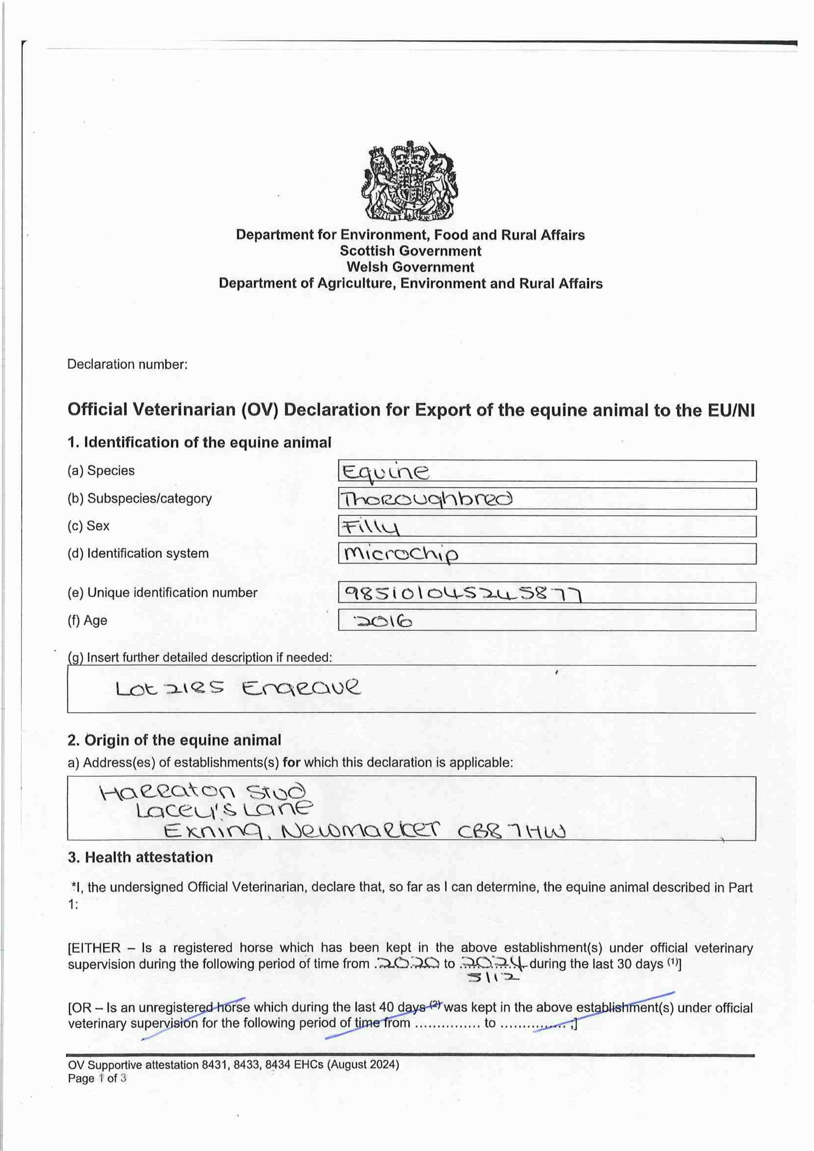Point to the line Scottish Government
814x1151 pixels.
tap(410, 251)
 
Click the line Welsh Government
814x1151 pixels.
tap(410, 267)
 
